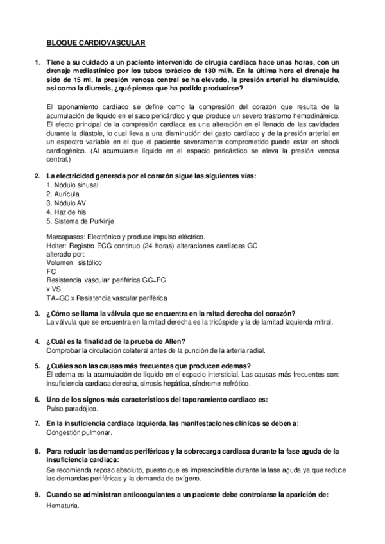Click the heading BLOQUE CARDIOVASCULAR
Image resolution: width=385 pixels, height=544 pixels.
(x=96, y=44)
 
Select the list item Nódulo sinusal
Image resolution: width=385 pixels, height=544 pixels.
(x=71, y=184)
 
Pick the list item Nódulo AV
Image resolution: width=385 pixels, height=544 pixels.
(x=66, y=202)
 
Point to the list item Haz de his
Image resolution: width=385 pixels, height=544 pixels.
(x=66, y=211)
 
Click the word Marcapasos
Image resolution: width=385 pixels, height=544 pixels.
(x=67, y=237)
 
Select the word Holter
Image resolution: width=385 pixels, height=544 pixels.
(x=57, y=246)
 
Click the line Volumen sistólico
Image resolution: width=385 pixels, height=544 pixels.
(x=74, y=263)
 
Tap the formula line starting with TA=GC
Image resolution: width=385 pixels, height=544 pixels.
(x=107, y=298)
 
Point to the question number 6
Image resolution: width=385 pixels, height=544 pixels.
(x=37, y=399)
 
